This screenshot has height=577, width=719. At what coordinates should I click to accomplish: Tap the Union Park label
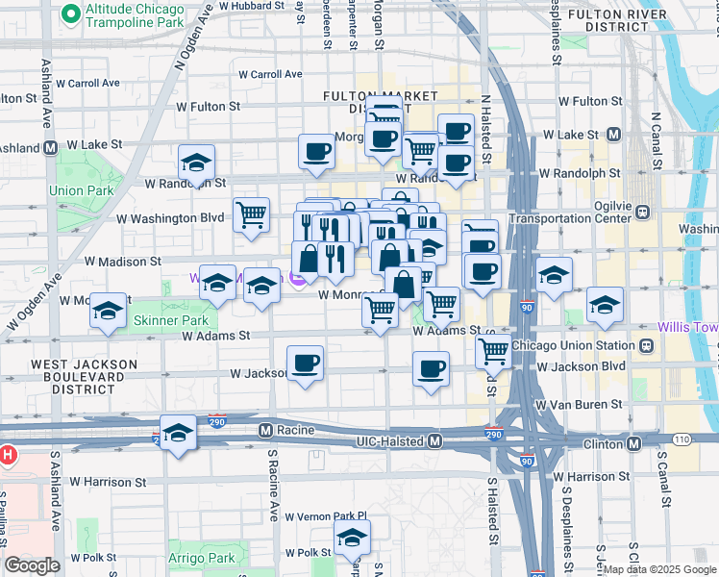(74, 190)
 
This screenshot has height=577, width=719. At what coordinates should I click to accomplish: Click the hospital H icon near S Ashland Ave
(8, 453)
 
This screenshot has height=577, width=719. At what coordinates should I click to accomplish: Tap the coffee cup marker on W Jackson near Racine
(306, 364)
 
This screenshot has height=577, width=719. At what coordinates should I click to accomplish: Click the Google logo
(32, 565)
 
